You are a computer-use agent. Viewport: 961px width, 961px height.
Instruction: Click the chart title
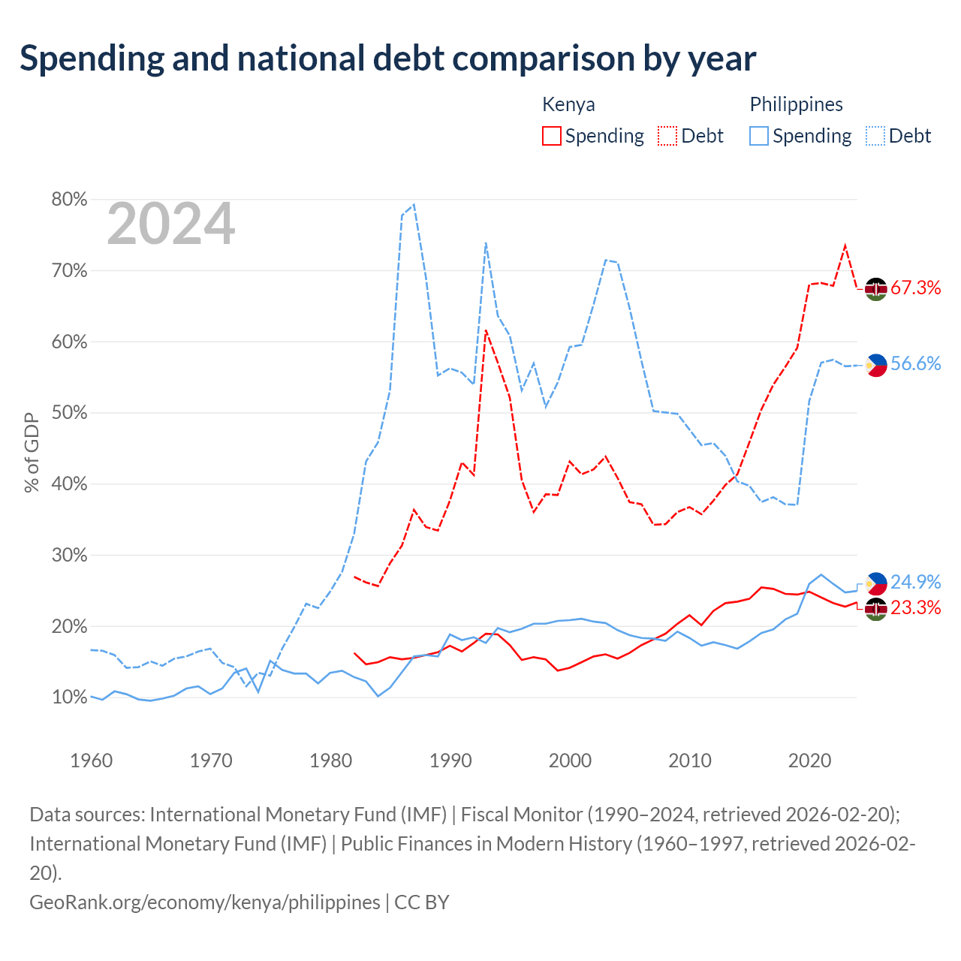pos(387,59)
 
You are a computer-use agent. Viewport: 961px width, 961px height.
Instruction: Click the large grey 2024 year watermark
pos(171,224)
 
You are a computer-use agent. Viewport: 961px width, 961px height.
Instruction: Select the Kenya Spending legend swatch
pos(551,136)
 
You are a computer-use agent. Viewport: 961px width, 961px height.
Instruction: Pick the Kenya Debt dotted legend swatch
pos(667,136)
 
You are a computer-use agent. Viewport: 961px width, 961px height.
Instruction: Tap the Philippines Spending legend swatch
pos(758,136)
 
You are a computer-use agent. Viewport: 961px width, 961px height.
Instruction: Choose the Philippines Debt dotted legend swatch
pos(875,136)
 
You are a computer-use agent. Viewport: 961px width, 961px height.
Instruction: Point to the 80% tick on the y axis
pos(69,200)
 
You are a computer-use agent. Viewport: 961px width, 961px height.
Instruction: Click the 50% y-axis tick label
pos(69,413)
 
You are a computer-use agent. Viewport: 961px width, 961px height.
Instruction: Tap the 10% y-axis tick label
pos(69,697)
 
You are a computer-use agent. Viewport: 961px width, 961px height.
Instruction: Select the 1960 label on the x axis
pos(92,761)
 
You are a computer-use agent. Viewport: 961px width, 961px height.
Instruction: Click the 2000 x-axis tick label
pos(570,761)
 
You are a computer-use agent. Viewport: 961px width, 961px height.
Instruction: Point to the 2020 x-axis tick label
pos(809,761)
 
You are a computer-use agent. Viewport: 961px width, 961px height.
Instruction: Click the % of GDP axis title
pos(32,452)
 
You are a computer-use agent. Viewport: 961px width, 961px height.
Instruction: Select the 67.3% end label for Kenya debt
pos(916,288)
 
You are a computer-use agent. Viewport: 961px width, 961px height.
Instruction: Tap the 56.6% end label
pos(916,363)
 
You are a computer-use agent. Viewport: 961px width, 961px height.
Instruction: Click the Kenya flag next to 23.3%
pos(875,609)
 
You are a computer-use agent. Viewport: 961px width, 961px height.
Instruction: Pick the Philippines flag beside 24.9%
pos(875,583)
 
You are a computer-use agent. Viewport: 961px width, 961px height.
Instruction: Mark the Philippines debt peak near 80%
pos(414,204)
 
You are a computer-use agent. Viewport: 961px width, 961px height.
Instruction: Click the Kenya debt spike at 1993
pos(486,330)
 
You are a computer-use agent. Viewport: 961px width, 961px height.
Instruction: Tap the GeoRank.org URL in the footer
pos(204,902)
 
